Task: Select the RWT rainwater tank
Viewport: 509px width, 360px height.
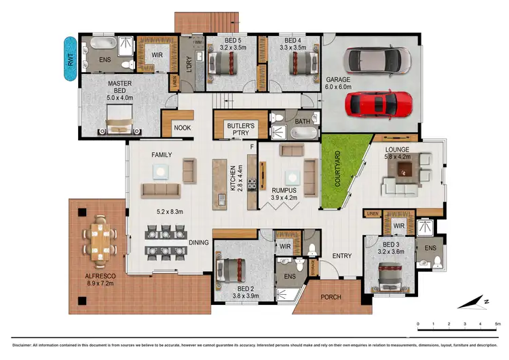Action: click(x=70, y=60)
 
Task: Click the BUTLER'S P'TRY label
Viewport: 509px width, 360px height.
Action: click(x=240, y=129)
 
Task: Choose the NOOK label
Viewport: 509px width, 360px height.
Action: click(x=182, y=127)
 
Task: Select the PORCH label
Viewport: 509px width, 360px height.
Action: click(x=331, y=298)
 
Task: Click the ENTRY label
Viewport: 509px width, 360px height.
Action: click(x=341, y=256)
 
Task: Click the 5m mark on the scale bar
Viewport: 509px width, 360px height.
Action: click(x=497, y=324)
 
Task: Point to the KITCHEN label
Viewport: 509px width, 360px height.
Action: click(x=232, y=179)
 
